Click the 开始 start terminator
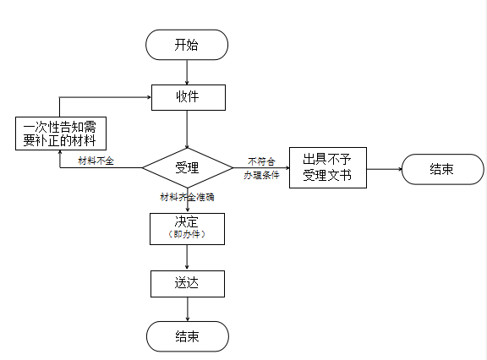(x=187, y=45)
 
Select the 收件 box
(x=189, y=97)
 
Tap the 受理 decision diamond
(x=188, y=168)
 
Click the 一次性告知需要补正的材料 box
(x=61, y=134)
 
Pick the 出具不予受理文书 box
(x=328, y=167)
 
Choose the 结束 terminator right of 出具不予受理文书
(x=443, y=169)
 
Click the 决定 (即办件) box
(x=188, y=229)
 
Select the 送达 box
(x=188, y=284)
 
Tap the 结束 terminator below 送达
(x=188, y=336)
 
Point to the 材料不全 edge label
(x=96, y=161)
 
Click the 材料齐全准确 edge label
(x=188, y=197)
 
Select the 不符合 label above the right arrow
(x=261, y=161)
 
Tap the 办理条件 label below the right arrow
(x=261, y=175)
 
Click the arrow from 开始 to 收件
(x=187, y=73)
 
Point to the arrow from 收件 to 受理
(x=187, y=129)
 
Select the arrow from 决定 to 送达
(x=187, y=257)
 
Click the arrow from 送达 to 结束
(x=188, y=309)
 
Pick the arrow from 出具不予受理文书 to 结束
(x=385, y=169)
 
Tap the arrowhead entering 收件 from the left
(x=149, y=97)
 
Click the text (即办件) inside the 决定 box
(x=187, y=234)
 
